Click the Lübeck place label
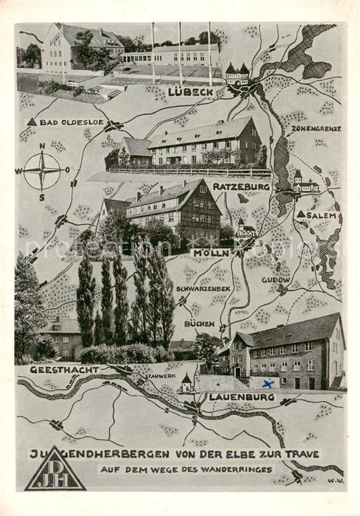coord(190,92)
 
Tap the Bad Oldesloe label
coord(71,122)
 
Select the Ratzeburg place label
coord(241,186)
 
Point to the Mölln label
coord(211,253)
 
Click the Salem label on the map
coord(322,215)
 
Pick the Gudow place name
coord(276,281)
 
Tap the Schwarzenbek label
coord(204,288)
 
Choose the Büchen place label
coord(200,323)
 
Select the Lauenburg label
coord(241,397)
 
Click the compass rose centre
coord(42,171)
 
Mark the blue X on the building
coord(269,383)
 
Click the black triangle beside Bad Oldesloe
coord(31,122)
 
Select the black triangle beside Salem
coord(301,215)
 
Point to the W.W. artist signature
coord(336,481)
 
